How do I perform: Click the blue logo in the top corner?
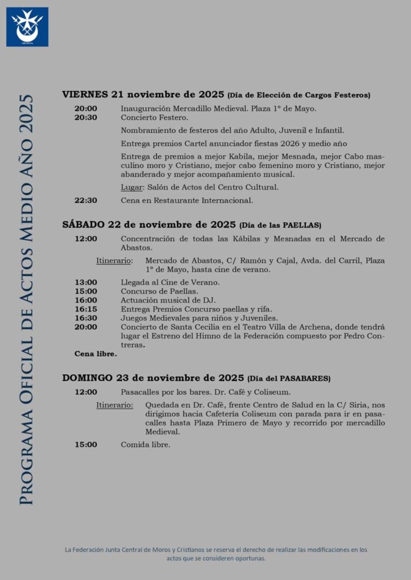pos(27,27)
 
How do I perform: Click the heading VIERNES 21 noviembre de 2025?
pos(143,95)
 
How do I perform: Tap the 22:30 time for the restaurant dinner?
pos(86,200)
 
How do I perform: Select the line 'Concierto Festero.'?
pos(154,117)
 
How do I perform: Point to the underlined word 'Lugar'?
pos(131,187)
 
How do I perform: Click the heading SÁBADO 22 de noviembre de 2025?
pos(149,224)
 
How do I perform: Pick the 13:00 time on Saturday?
pos(86,282)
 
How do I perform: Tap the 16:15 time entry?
pos(86,309)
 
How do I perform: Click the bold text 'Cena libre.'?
pos(95,354)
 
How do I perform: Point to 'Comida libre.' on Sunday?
pos(145,444)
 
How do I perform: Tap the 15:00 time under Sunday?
pos(86,444)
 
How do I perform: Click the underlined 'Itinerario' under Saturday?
pos(115,260)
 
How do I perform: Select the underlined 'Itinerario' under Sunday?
pos(115,405)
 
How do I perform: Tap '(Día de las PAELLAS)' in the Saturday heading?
pos(280,225)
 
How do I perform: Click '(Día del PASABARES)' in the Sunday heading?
pos(289,378)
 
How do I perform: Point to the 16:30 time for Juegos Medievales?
pos(86,318)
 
